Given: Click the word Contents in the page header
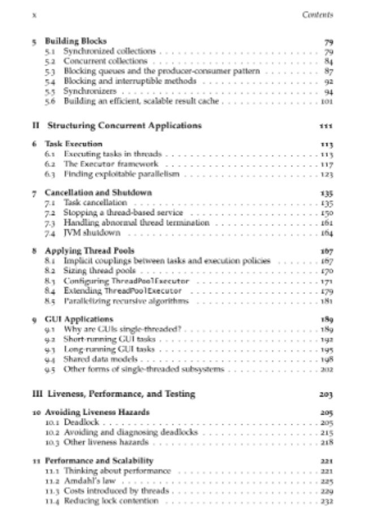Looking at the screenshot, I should (x=318, y=15).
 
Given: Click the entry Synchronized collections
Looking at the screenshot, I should (x=101, y=51).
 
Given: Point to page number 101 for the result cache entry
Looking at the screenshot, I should (x=327, y=102).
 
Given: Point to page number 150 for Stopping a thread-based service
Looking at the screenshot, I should (x=327, y=213).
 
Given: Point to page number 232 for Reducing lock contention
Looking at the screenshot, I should (x=327, y=501).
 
